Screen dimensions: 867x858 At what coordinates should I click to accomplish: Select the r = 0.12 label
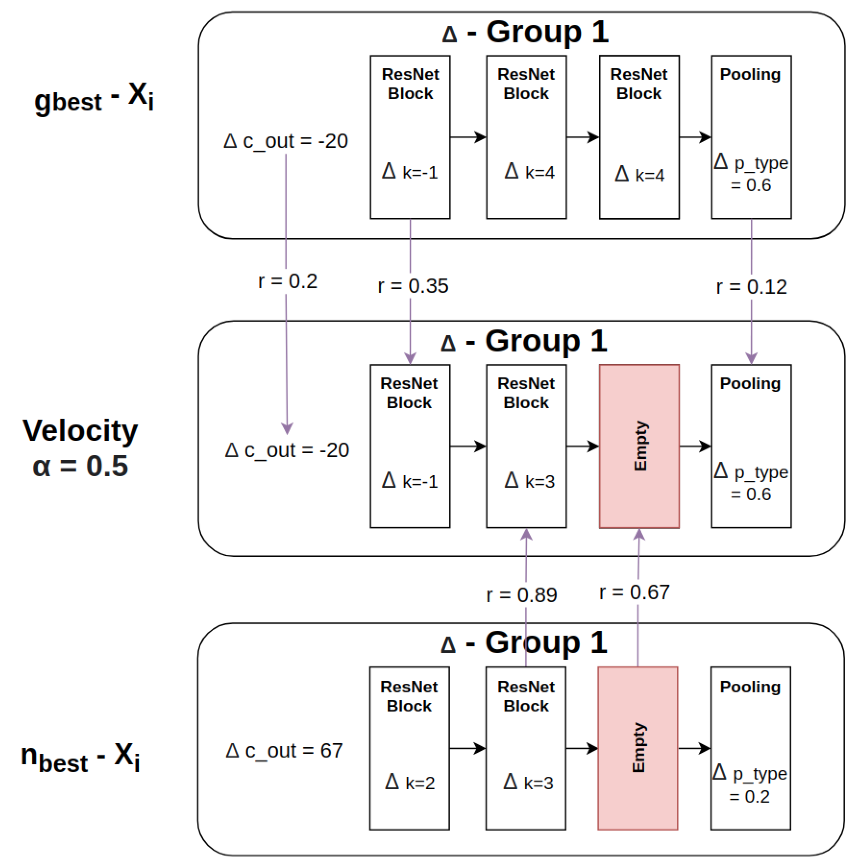click(751, 287)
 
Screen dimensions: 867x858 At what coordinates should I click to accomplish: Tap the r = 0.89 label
click(521, 595)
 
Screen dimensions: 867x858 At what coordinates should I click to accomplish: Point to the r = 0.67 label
click(634, 592)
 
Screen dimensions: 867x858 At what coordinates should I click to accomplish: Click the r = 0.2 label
click(287, 281)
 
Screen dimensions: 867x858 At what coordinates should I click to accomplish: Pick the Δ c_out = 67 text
click(284, 750)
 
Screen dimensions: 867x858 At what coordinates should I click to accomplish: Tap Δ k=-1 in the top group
click(409, 171)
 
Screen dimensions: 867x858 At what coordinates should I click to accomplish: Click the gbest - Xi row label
click(94, 98)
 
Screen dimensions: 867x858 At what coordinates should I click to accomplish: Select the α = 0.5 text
click(80, 466)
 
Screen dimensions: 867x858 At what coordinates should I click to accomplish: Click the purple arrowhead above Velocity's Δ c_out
click(287, 429)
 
